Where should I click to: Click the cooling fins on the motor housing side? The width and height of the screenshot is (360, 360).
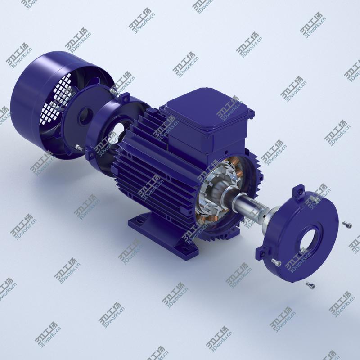pyautogui.click(x=148, y=171)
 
